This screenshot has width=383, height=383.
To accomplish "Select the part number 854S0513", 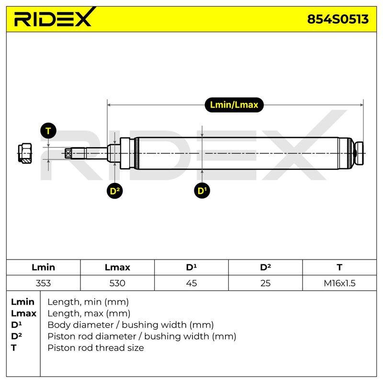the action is pos(338,19).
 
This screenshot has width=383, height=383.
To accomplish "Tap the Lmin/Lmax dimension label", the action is pos(234,105).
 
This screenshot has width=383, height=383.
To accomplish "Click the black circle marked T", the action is pos(48,131).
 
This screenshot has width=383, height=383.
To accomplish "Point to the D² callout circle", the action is pos(115,191).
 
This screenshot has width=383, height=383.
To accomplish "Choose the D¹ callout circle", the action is pos(202,191).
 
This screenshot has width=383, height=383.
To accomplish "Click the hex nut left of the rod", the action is pos(25,153).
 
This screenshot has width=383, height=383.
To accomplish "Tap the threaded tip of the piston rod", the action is pos(68,153).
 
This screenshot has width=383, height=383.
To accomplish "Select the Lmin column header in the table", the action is pos(43,267).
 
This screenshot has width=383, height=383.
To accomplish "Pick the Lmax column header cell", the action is pos(117,267).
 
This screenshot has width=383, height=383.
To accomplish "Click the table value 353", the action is pos(43,283).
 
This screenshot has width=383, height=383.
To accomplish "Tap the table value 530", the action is pos(117,283).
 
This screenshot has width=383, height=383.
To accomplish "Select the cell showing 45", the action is pos(191,283).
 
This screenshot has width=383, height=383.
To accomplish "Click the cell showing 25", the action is pos(265,283).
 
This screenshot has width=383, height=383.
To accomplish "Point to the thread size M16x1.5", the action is pos(339,283).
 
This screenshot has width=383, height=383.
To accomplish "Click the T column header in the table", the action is pos(339,267).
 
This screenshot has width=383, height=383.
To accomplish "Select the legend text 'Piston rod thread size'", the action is pos(95,348).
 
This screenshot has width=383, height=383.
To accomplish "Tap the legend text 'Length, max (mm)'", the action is pos(89,314).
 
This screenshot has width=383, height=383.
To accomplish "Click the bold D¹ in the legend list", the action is pos(16,325).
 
